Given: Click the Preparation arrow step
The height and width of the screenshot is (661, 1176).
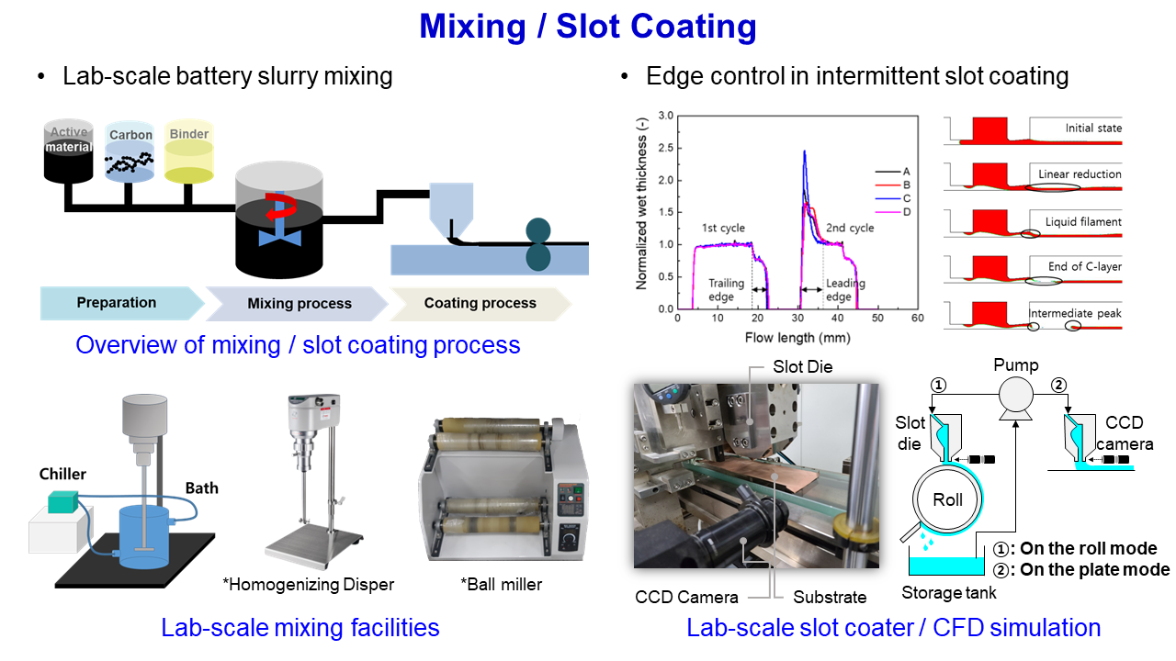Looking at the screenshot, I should [117, 303].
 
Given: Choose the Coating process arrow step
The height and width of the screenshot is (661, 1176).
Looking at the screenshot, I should [480, 303].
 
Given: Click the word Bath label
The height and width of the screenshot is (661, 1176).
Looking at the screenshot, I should [201, 487].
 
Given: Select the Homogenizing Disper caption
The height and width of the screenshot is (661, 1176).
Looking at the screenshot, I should [309, 584].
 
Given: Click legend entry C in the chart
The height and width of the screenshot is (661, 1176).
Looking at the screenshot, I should [906, 197].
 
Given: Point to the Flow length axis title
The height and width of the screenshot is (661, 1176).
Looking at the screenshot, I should [797, 337].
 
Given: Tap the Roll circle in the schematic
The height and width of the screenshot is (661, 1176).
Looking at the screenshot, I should [947, 500].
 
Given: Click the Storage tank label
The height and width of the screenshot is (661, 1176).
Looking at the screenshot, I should [947, 593].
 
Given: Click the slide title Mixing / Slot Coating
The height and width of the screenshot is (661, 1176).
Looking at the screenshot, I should [588, 27].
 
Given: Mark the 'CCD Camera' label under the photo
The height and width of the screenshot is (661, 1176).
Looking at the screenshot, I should [686, 598].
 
